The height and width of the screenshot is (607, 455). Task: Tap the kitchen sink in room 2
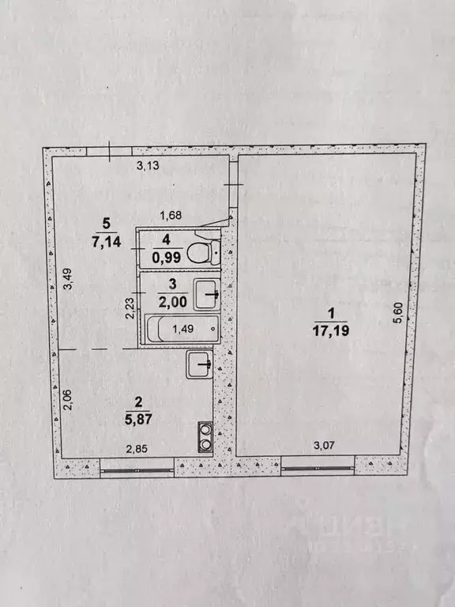click(x=199, y=365)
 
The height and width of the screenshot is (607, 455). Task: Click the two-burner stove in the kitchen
click(x=205, y=437)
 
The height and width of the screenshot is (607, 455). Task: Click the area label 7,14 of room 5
click(x=107, y=242)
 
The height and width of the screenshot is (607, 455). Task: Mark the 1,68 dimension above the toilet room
click(x=171, y=215)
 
